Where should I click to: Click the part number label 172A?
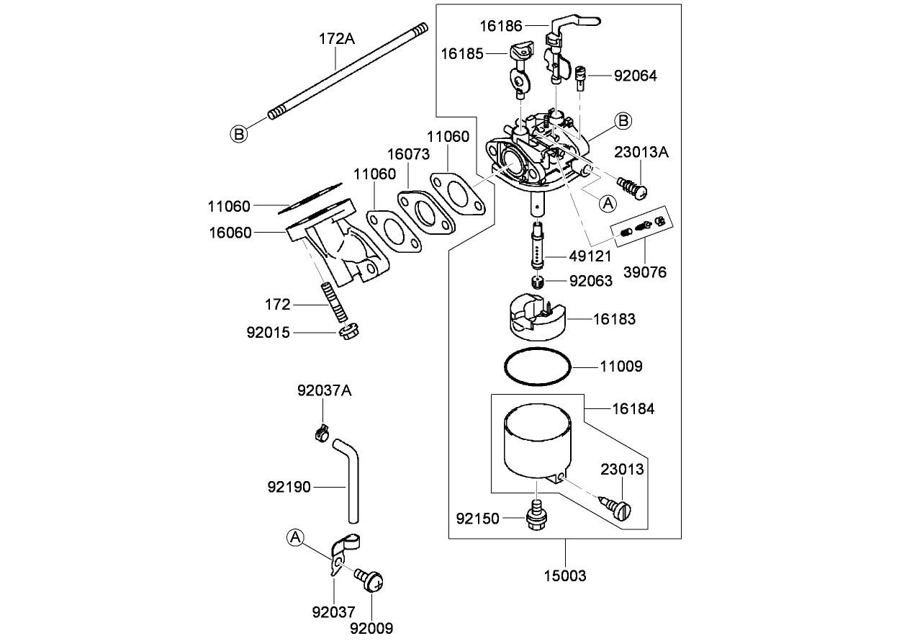pyautogui.click(x=337, y=39)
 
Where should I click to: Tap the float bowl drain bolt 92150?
pyautogui.click(x=536, y=518)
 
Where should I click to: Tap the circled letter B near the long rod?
pyautogui.click(x=239, y=133)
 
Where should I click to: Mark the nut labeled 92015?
pyautogui.click(x=349, y=333)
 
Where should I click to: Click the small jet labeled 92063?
pyautogui.click(x=537, y=281)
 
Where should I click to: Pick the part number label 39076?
pyautogui.click(x=645, y=272)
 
